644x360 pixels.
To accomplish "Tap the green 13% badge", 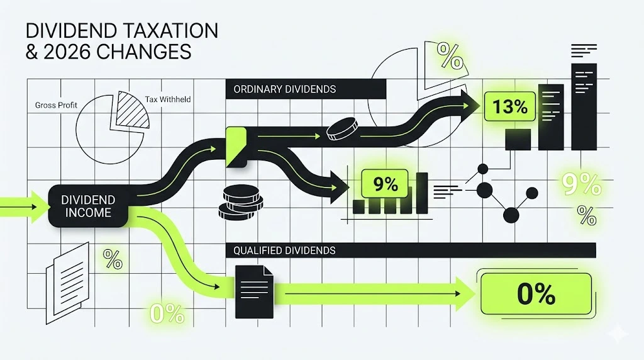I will [x=510, y=106].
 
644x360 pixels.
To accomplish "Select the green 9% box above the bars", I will [x=385, y=184].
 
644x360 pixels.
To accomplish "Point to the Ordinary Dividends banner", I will [x=305, y=89].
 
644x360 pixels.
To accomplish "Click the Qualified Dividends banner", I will [x=409, y=250].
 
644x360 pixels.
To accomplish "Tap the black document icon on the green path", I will [x=253, y=291].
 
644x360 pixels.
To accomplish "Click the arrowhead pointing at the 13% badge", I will [x=468, y=103].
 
